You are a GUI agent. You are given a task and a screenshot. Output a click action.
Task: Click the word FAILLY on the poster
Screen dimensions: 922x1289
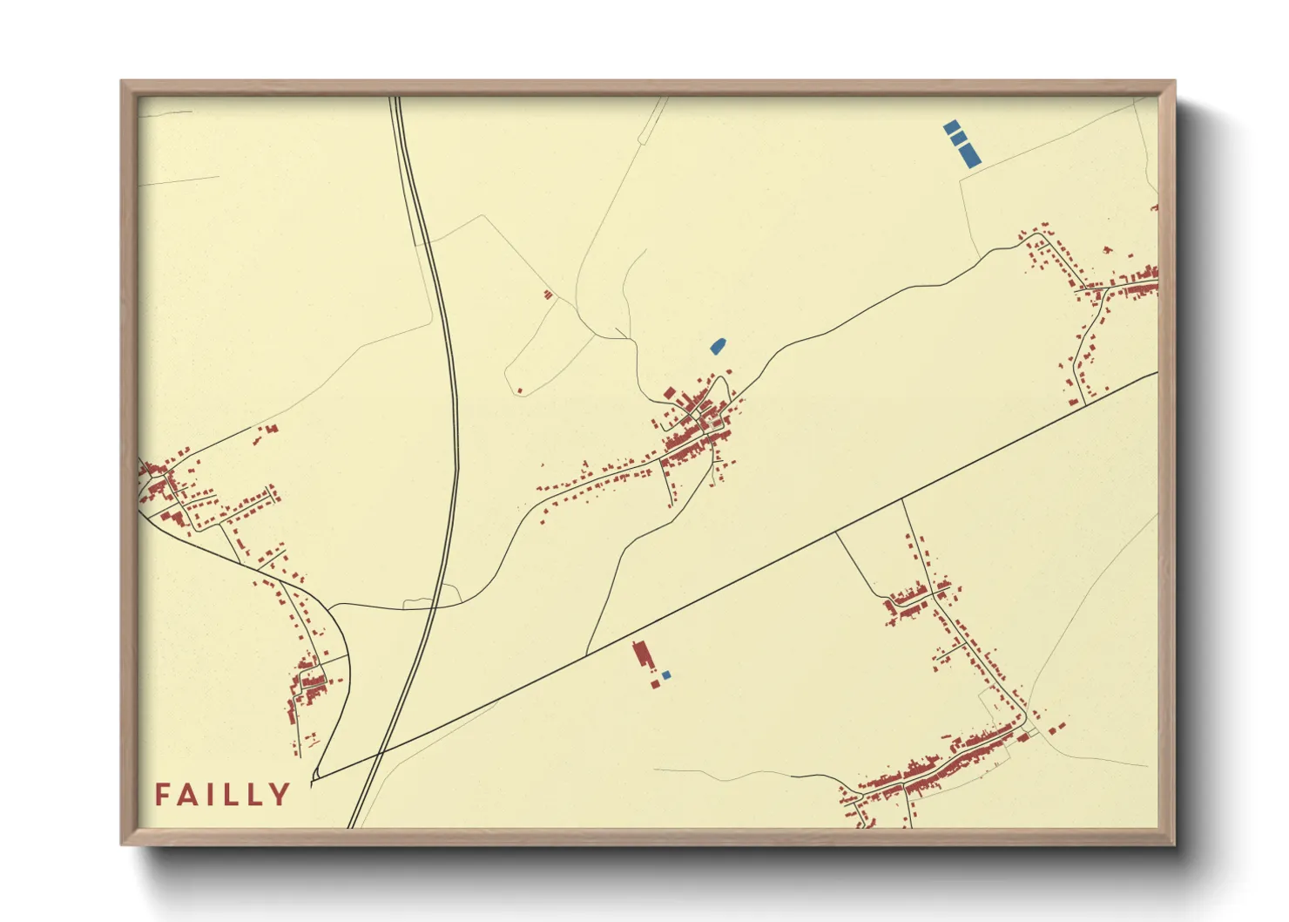pyautogui.click(x=222, y=795)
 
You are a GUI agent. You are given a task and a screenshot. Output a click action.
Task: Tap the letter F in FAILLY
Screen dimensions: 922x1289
pyautogui.click(x=162, y=795)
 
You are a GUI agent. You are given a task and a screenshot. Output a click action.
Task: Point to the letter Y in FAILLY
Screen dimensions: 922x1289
pyautogui.click(x=280, y=795)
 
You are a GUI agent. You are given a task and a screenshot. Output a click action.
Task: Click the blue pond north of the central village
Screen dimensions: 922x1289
pyautogui.click(x=719, y=347)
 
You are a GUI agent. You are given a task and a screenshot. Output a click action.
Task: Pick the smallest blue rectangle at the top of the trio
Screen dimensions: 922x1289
pyautogui.click(x=951, y=127)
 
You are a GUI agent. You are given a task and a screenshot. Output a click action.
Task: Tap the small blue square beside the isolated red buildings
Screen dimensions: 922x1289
pyautogui.click(x=666, y=675)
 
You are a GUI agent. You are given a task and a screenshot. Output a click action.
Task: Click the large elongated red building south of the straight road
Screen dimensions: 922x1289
pyautogui.click(x=643, y=654)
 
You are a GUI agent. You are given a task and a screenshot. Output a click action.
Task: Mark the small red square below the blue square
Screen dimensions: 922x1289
pyautogui.click(x=655, y=684)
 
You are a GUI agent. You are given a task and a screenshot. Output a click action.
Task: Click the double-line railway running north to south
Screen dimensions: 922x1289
pyautogui.click(x=447, y=349)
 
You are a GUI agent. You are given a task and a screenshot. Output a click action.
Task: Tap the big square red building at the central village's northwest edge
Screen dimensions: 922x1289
pyautogui.click(x=669, y=394)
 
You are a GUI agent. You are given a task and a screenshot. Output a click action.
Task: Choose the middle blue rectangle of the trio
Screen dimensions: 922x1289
pyautogui.click(x=958, y=139)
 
